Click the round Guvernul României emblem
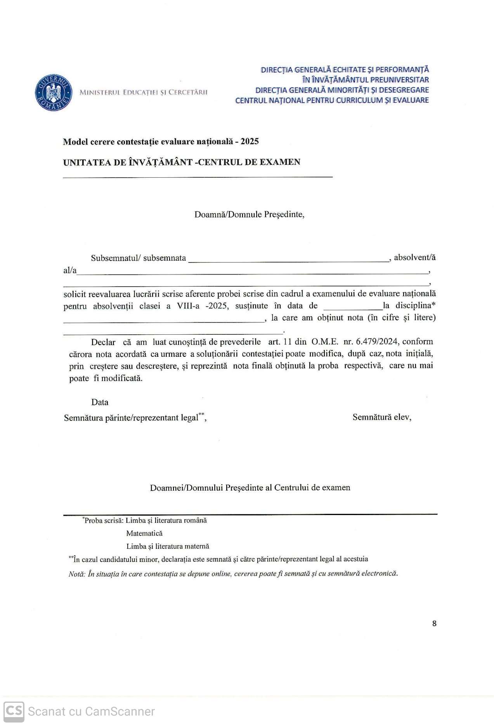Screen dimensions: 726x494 [54, 93]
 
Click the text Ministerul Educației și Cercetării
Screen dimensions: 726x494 [143, 92]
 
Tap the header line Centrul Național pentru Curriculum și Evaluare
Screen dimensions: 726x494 [332, 100]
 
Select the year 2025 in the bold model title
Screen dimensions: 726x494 [250, 141]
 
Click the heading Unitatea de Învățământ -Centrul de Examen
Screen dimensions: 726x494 [182, 162]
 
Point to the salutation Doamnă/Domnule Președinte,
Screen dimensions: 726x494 [249, 214]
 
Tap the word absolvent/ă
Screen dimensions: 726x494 [414, 257]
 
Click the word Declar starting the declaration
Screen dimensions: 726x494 [103, 342]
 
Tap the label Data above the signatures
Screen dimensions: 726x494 [100, 402]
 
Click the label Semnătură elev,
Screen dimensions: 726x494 [382, 417]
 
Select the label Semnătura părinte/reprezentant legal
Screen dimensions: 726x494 [131, 418]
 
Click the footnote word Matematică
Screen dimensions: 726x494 [144, 533]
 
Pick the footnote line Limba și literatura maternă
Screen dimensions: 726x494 [168, 546]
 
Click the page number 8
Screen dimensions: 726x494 [434, 623]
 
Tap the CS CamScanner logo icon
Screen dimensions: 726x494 [14, 711]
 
